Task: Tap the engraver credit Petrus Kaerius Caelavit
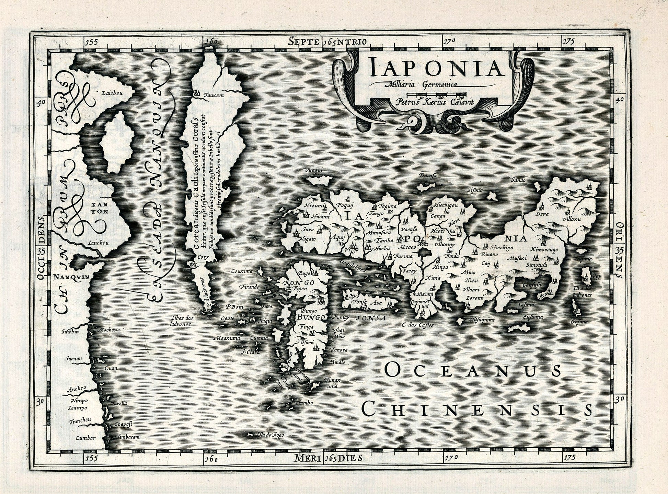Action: (x=434, y=102)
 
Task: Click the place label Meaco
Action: (x=407, y=247)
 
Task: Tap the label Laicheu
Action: (x=110, y=92)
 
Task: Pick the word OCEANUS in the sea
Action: (x=473, y=370)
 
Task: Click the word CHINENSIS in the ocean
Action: (x=477, y=409)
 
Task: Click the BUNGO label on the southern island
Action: (x=311, y=318)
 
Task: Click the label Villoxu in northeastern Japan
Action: (x=572, y=219)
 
